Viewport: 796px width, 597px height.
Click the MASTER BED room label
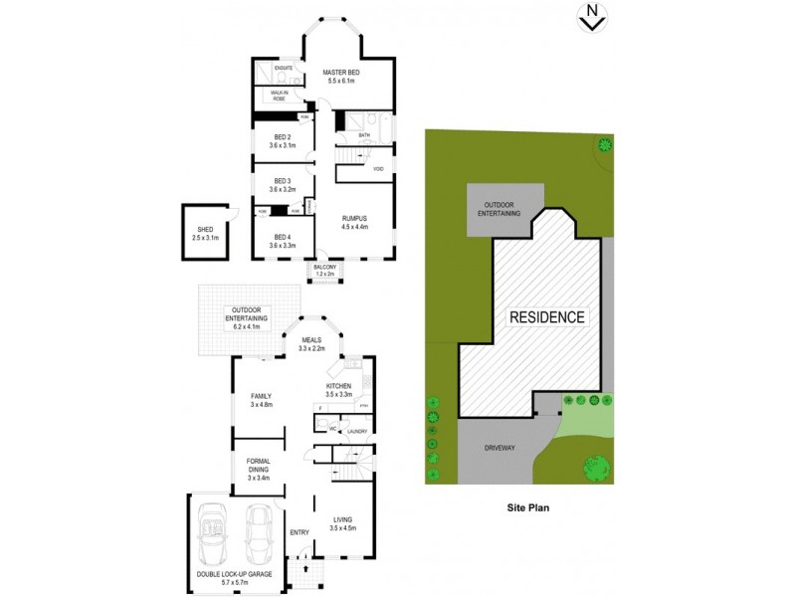point(341,74)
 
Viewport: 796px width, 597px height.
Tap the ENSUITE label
point(270,68)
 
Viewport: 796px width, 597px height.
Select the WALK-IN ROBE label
point(272,95)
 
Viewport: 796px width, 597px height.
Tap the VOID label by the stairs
point(378,169)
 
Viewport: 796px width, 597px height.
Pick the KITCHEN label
point(340,387)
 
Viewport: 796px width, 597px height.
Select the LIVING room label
point(341,519)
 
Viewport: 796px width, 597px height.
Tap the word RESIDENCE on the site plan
point(547,317)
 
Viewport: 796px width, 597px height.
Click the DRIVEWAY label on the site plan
point(500,449)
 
